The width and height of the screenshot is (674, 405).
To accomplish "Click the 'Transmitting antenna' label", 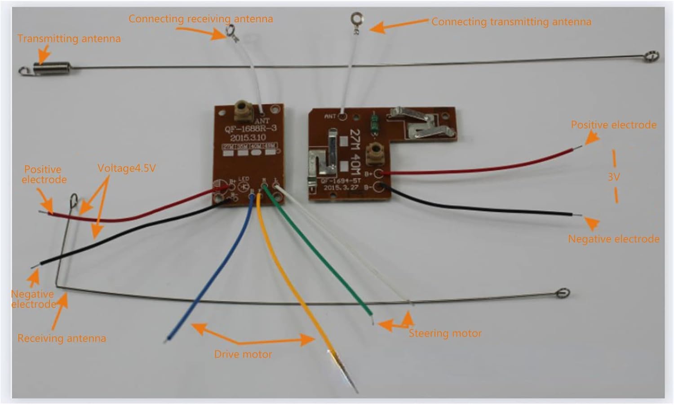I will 69,39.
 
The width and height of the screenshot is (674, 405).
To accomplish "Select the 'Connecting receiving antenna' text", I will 200,19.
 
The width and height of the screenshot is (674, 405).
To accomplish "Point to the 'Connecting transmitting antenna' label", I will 511,22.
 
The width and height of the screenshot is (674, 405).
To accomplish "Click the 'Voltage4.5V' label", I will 127,168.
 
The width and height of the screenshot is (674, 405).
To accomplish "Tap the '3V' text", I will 614,177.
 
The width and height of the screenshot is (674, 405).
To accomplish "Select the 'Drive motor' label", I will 243,354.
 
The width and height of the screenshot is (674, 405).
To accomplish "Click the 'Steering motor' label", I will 445,333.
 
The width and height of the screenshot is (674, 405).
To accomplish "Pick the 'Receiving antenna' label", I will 62,338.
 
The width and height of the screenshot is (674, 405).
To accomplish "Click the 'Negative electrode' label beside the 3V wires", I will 613,239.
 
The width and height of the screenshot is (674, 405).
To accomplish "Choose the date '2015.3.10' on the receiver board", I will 248,137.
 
